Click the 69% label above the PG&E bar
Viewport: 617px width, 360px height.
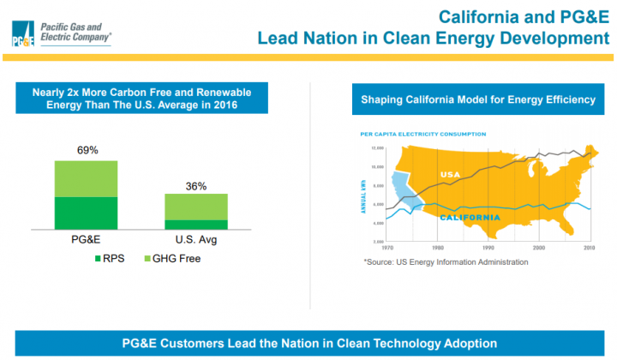coord(87,150)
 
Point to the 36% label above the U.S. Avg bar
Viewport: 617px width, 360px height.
coord(197,185)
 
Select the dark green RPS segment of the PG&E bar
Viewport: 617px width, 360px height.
coord(87,213)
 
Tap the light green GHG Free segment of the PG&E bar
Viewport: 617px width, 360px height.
coord(87,178)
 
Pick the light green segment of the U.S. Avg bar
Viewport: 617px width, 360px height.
coord(196,207)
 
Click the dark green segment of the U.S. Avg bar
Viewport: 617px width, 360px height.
coord(196,225)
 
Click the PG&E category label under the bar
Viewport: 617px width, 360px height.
coord(87,240)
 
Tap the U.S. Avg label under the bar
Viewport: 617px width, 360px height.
coord(196,240)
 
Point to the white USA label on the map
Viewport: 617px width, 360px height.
coord(451,175)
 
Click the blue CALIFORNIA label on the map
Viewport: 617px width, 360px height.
coord(470,218)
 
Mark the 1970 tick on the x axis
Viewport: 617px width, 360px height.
coord(386,249)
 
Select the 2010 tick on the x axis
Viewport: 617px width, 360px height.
coord(590,249)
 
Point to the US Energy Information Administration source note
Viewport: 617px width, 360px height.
coord(446,261)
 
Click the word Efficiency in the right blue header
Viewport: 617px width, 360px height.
coord(568,99)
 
